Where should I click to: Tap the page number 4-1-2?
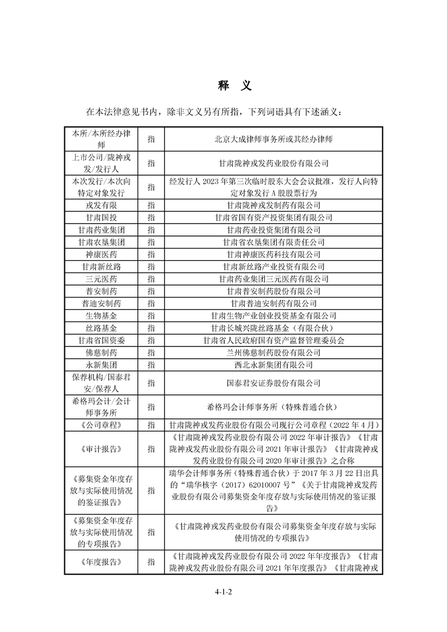coord(223,592)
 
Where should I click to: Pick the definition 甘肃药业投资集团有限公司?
coord(273,230)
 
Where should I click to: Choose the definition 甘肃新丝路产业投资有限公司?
coord(273,267)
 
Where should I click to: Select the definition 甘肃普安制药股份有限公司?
coord(273,291)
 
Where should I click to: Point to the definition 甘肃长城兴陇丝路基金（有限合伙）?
coord(273,328)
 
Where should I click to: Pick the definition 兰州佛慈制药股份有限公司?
coord(273,353)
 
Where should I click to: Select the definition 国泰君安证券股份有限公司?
coord(273,383)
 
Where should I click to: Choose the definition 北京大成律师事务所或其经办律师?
coord(273,138)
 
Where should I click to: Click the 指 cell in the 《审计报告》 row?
coord(151,449)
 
